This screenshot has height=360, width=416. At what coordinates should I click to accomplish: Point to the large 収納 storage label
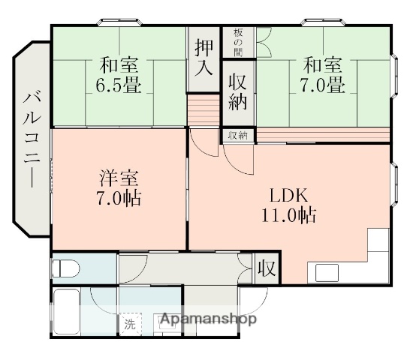click(237, 91)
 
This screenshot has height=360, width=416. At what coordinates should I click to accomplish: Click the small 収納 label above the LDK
click(237, 135)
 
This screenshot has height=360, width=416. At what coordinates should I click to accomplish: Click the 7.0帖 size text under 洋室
click(119, 199)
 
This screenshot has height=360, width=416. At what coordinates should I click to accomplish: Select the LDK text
click(288, 196)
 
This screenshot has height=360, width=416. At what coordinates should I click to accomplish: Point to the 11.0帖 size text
click(288, 216)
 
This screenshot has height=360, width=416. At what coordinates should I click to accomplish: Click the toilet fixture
click(66, 268)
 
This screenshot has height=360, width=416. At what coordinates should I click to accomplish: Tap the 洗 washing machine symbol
click(131, 325)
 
